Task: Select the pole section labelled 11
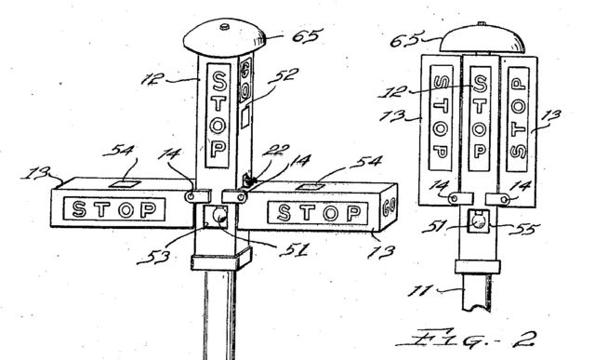coord(477,298)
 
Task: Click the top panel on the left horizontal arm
coord(121,185)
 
